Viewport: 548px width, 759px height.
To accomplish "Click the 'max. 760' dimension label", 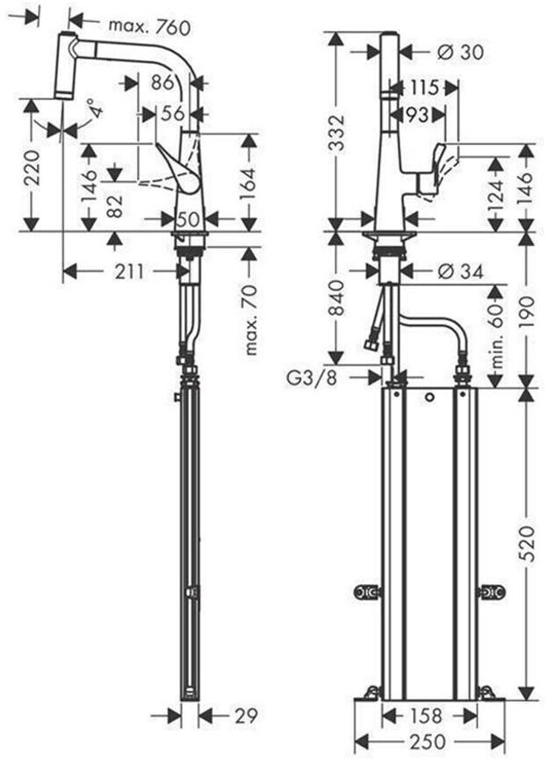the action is click(148, 27).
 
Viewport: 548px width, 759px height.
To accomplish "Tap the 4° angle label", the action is click(97, 112).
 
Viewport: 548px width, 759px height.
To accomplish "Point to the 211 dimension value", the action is click(129, 271).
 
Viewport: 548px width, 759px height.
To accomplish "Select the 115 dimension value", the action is click(424, 89).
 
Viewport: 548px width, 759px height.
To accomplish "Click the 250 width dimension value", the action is click(429, 741).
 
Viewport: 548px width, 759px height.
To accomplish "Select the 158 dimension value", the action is click(428, 715).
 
